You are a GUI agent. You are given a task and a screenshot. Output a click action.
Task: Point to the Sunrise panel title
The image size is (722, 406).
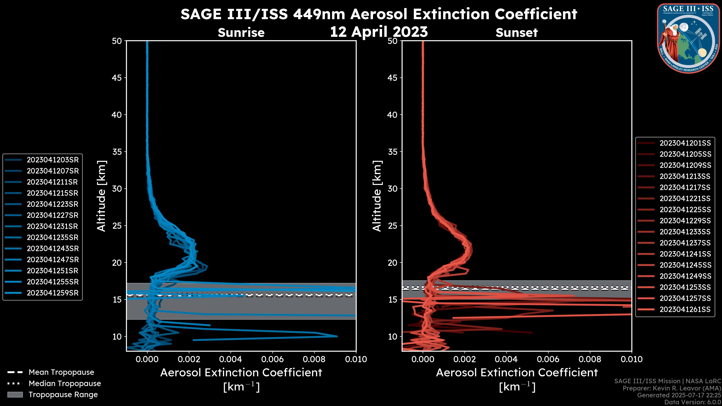pos(241,33)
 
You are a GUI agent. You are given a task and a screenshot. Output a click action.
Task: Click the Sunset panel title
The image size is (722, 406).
pos(516,33)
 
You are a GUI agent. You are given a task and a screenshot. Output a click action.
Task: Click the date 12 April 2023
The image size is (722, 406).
pos(379,32)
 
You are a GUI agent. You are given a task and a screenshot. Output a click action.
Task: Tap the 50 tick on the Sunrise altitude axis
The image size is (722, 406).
pos(117,41)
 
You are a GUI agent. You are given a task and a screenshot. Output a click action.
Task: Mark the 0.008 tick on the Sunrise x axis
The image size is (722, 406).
pos(314,359)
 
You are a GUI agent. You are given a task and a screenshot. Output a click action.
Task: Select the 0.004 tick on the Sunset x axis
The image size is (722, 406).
pos(506,359)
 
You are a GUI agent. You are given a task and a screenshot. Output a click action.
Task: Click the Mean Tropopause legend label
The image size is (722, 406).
pos(61,372)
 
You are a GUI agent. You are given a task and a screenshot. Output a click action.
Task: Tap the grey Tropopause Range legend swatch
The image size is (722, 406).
pos(15,395)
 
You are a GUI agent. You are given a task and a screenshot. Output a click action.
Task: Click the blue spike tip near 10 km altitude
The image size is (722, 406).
pos(337,336)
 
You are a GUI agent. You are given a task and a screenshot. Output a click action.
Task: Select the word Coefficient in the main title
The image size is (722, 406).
pos(536,14)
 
